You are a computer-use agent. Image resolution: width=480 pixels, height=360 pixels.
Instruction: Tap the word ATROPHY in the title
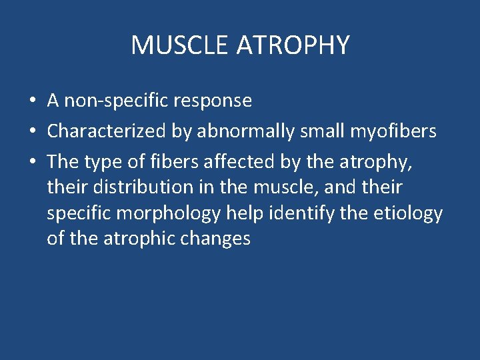pos(293,45)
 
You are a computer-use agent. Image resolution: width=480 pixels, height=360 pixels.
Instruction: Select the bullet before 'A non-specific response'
pos(32,101)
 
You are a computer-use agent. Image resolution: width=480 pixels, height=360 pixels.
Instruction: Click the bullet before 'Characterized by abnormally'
pos(32,132)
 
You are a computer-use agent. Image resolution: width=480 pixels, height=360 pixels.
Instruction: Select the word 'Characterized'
pos(107,132)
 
